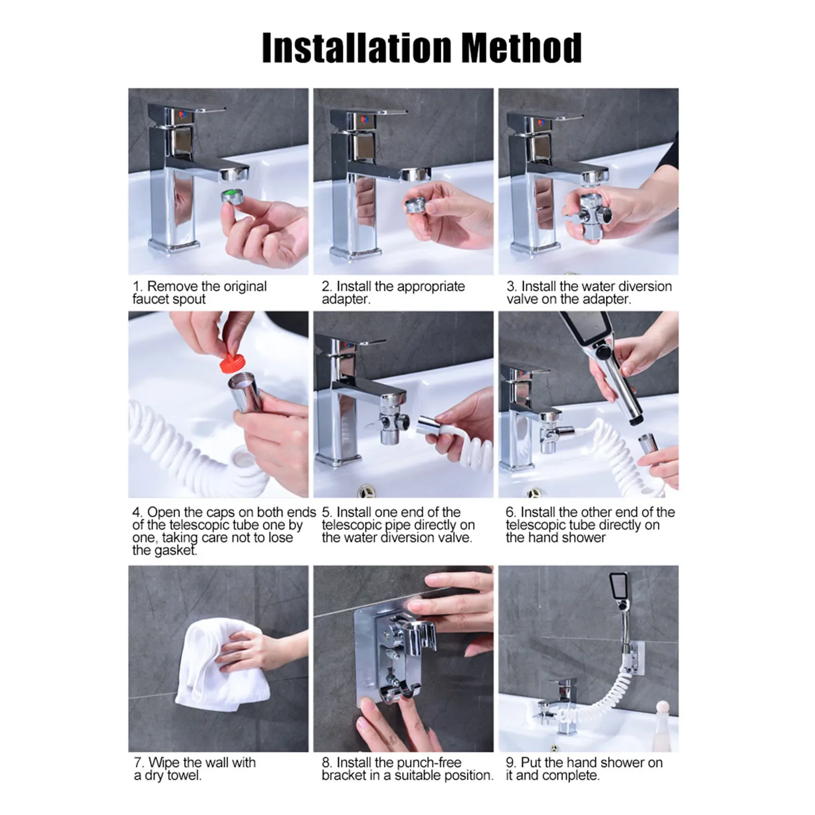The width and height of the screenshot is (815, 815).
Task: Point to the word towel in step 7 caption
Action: pos(184,776)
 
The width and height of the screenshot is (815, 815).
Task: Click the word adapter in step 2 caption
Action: pos(345,300)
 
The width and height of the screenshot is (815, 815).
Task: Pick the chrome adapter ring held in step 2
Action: pos(416,206)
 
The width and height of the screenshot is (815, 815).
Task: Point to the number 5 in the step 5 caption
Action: pos(326,513)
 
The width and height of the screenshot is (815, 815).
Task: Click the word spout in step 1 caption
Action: pos(188,300)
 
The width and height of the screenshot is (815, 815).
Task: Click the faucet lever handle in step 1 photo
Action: pos(186,109)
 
